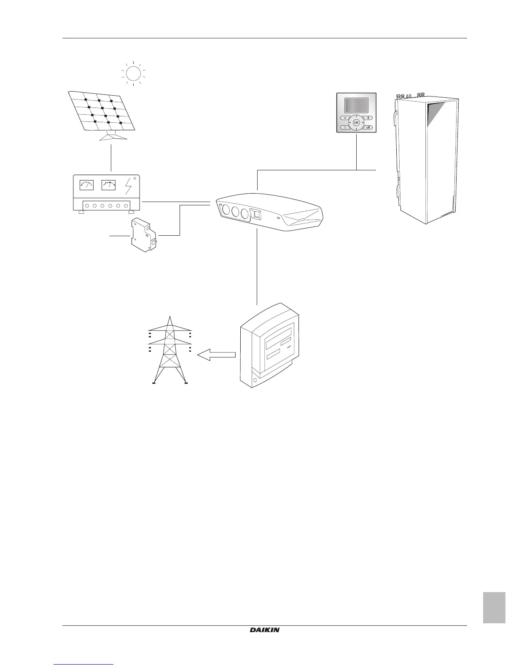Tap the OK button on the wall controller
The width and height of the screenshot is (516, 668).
click(356, 122)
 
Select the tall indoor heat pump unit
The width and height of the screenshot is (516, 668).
click(427, 158)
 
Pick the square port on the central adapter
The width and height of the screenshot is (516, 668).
click(255, 214)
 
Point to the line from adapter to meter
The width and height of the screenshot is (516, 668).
click(257, 268)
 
